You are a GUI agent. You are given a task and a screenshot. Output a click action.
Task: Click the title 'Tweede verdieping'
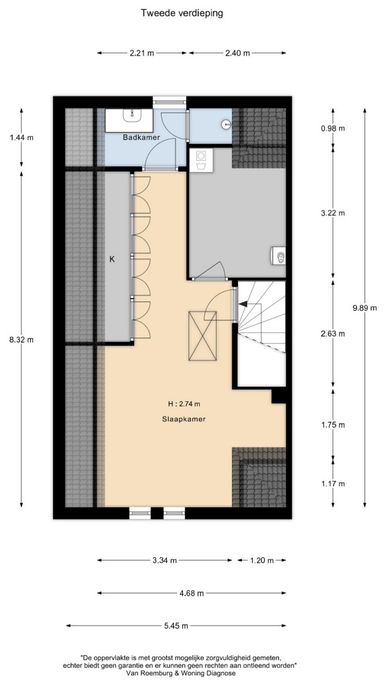182,13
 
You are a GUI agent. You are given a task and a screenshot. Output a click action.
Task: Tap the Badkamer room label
141,137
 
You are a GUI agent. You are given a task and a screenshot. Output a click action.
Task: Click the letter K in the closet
112,259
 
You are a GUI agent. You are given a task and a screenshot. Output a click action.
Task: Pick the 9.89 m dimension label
365,307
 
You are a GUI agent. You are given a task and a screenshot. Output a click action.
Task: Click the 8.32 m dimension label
21,339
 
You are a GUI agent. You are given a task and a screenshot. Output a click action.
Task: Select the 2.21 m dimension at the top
142,54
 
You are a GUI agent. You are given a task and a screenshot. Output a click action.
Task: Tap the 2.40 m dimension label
237,54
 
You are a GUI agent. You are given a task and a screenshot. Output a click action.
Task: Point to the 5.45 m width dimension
176,626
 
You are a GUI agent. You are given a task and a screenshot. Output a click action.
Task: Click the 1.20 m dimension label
261,561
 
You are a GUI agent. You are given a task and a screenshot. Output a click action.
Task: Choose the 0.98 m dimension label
332,128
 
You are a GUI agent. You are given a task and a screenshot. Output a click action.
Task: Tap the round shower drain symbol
226,124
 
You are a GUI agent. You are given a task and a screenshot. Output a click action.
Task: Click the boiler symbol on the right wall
278,256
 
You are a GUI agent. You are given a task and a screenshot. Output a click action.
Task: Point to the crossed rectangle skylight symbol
202,336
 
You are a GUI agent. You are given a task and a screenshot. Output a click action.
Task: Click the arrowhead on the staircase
242,303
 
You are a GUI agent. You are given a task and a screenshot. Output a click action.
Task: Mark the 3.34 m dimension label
165,561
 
